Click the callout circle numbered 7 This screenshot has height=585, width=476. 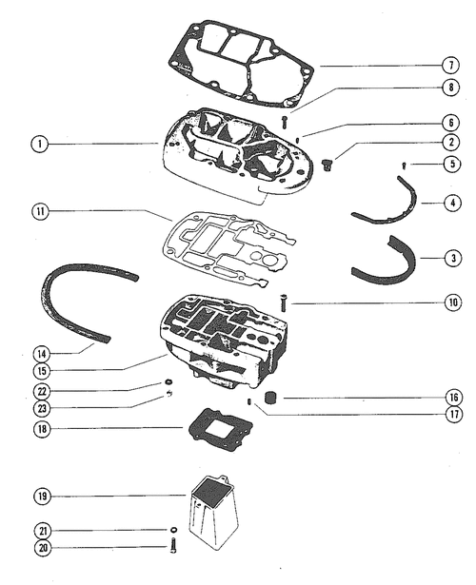[451, 66]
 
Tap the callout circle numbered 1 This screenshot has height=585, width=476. [40, 144]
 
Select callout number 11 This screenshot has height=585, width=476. [40, 211]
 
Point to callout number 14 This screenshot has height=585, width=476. [42, 354]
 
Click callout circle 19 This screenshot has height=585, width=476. [43, 497]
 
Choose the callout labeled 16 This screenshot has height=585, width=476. [453, 398]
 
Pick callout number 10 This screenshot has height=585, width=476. [453, 302]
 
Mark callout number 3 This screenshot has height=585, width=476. [453, 258]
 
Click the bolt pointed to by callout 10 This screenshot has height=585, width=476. [284, 302]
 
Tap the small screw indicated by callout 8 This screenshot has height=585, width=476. [285, 122]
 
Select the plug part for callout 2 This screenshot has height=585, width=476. [327, 165]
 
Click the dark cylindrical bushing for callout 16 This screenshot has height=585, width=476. [269, 398]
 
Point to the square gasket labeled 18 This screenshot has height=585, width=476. [219, 430]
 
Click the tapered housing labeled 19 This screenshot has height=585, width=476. [214, 512]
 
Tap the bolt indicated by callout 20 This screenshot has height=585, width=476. [173, 546]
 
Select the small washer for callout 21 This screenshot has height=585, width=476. [173, 530]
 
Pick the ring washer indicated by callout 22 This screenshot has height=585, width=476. [169, 382]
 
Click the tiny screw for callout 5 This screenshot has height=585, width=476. [404, 165]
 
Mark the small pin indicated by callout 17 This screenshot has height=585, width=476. [249, 401]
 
